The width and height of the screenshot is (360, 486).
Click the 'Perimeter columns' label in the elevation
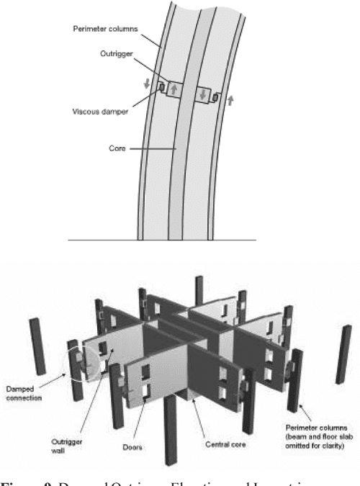[x=106, y=30]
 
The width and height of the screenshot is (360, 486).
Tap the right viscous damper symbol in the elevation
[x=213, y=99]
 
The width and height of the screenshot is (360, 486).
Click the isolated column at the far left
[x=35, y=343]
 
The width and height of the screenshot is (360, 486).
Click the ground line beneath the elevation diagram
[x=162, y=239]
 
